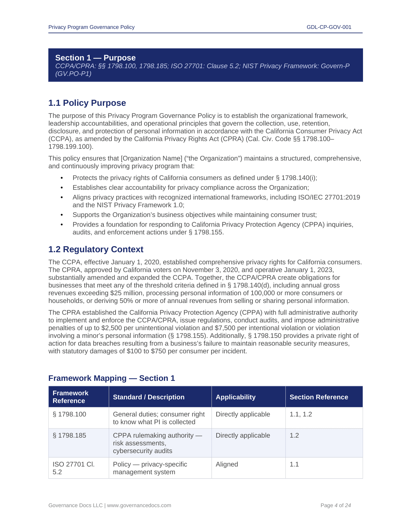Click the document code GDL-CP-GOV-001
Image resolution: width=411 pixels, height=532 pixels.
(329, 27)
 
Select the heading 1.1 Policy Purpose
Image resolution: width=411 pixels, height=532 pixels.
(87, 103)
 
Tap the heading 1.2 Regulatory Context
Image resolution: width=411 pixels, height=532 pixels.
(96, 250)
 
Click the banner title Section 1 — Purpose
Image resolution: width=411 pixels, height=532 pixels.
(95, 58)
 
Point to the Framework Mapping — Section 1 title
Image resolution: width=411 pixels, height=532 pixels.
(111, 378)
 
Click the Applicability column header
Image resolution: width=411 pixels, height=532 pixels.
(235, 397)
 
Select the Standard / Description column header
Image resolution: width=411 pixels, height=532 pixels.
(148, 397)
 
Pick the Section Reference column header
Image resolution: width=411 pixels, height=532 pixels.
(319, 397)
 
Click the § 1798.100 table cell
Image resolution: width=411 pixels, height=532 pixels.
(70, 414)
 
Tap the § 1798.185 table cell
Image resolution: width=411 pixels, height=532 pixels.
(70, 436)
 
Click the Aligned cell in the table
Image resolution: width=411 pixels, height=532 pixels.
(227, 464)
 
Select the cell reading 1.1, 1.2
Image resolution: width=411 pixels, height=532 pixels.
(301, 414)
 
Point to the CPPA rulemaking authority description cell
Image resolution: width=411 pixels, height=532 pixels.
(157, 443)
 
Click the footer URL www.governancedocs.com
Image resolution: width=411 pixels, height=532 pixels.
(139, 505)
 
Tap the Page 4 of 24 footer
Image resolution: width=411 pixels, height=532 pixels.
(335, 505)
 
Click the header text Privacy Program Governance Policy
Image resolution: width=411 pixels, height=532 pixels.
(91, 27)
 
